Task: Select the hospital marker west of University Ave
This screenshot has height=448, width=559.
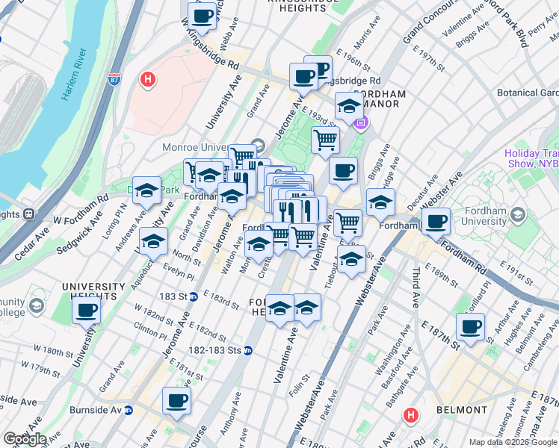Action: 148,78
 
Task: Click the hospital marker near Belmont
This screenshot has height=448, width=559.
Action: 410,414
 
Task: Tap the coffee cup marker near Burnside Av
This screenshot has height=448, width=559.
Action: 177,400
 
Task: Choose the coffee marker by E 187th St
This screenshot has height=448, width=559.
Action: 471,326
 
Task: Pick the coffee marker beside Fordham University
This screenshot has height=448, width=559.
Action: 436,221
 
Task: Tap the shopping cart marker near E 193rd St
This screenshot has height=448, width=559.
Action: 325,139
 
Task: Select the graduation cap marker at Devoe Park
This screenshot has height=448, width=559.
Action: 147,190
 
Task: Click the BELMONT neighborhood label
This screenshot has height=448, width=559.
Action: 463,410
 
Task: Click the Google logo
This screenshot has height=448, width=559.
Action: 25,438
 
